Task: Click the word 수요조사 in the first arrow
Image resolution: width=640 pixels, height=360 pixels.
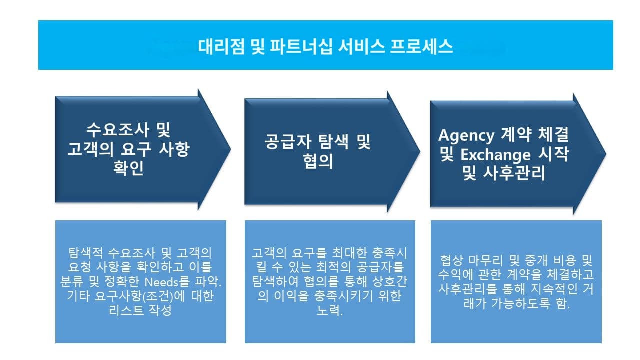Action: click(114, 131)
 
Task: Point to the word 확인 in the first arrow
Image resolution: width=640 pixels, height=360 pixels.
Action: click(129, 168)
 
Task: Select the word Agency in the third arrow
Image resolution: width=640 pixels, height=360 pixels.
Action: click(466, 135)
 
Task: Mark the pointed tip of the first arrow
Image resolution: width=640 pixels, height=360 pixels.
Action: click(230, 149)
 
